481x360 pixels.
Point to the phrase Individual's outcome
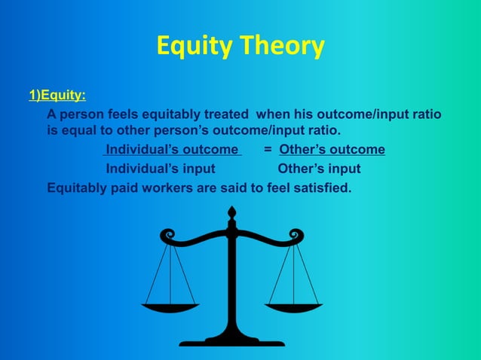pyautogui.click(x=172, y=149)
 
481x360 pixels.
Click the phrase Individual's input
pyautogui.click(x=160, y=168)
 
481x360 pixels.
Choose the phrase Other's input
pyautogui.click(x=319, y=168)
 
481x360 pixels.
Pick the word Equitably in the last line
pyautogui.click(x=78, y=187)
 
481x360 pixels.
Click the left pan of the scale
pyautogui.click(x=170, y=307)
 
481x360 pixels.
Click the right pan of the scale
pyautogui.click(x=294, y=307)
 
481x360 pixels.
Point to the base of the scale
pyautogui.click(x=232, y=341)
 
